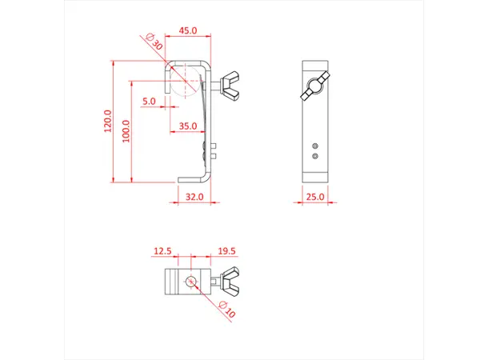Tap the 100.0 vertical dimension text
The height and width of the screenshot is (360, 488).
click(125, 130)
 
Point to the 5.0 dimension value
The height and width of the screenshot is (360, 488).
click(149, 102)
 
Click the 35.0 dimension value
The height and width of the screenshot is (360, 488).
click(188, 126)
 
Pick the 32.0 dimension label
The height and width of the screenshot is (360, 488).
click(194, 196)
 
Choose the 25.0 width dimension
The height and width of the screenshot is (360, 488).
click(314, 196)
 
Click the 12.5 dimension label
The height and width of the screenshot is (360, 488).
click(162, 251)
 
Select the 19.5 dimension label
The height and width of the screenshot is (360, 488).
click(226, 251)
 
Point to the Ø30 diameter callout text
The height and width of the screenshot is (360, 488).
click(154, 42)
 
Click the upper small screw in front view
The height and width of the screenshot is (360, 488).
click(317, 145)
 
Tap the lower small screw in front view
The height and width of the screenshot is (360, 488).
click(317, 156)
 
